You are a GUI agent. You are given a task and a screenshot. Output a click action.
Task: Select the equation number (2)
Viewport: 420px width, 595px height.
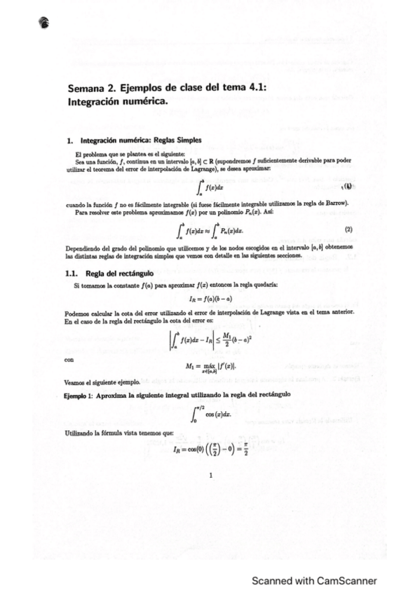348,229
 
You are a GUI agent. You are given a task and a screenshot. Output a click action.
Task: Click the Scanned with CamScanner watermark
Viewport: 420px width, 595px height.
315,580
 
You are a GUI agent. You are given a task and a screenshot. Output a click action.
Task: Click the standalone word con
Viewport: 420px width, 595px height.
68,360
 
